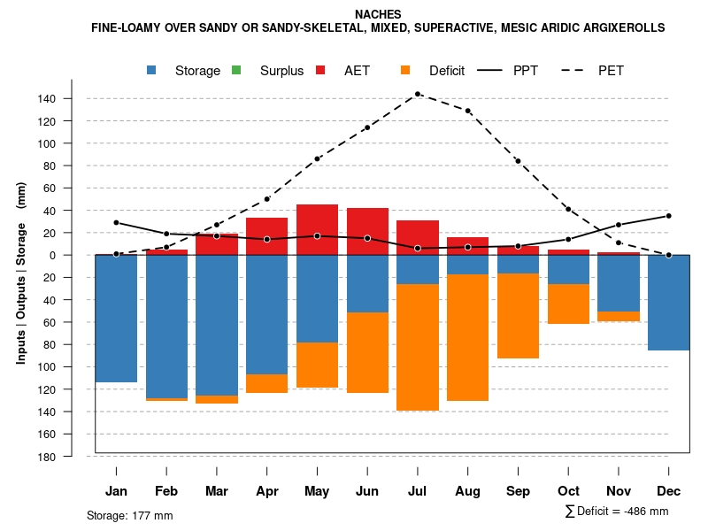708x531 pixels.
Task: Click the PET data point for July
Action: pyautogui.click(x=418, y=94)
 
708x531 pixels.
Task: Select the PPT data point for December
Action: pyautogui.click(x=669, y=216)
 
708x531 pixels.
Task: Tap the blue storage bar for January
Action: pyautogui.click(x=116, y=319)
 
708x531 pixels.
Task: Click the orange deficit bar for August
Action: pyautogui.click(x=468, y=337)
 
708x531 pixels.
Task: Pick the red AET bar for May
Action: pyautogui.click(x=317, y=229)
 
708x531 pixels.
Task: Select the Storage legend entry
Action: pyautogui.click(x=197, y=71)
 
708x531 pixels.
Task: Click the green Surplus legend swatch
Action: pyautogui.click(x=236, y=71)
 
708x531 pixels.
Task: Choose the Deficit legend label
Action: pyautogui.click(x=447, y=71)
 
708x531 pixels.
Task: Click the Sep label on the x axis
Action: pyautogui.click(x=519, y=491)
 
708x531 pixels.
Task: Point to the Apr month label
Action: pyautogui.click(x=266, y=491)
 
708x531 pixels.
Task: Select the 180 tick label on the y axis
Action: pyautogui.click(x=49, y=457)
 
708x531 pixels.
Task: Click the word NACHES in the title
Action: pyautogui.click(x=378, y=14)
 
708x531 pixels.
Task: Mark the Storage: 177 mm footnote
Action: pyautogui.click(x=129, y=515)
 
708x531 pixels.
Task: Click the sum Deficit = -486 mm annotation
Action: pyautogui.click(x=616, y=512)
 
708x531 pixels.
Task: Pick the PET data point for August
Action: pyautogui.click(x=468, y=111)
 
